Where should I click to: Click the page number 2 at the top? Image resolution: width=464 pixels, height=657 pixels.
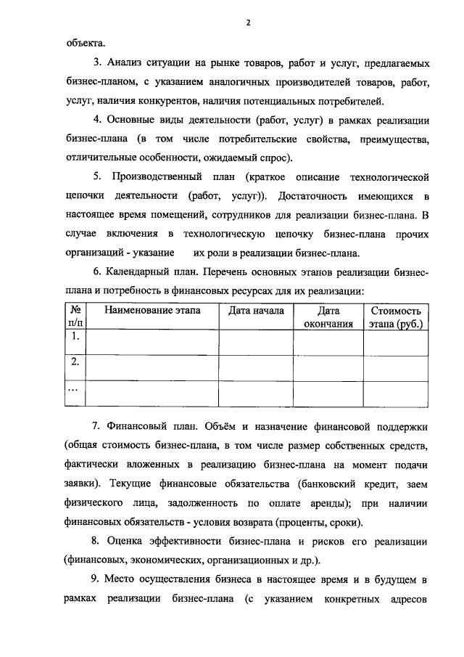click(247, 23)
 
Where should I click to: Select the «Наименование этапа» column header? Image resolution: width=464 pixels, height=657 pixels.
click(152, 311)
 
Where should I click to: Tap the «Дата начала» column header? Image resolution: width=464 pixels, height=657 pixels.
click(256, 311)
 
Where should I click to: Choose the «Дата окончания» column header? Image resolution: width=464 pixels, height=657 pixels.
click(328, 317)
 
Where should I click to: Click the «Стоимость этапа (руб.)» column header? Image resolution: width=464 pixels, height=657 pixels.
click(396, 317)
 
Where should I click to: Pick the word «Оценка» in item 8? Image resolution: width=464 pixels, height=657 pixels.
click(130, 542)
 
